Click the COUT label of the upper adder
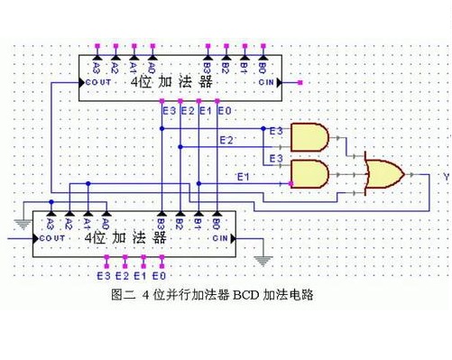pos(99,83)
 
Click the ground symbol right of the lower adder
pos(263,260)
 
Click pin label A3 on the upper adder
pos(97,66)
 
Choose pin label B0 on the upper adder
pos(263,66)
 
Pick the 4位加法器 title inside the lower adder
pos(127,239)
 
